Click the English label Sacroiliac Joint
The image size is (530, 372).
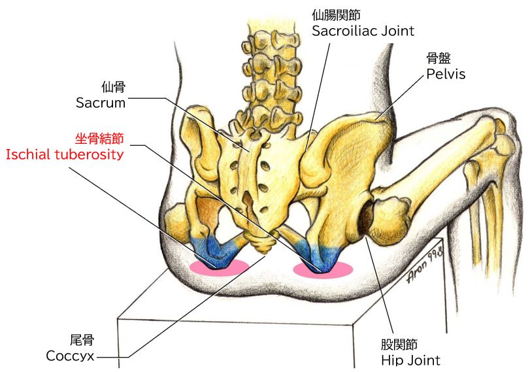363,30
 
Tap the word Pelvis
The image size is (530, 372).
446,73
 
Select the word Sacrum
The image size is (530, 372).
100,102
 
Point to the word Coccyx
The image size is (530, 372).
71,356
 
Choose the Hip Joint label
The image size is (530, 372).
410,360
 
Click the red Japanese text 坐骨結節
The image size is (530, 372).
99,139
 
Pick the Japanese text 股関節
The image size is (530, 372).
399,344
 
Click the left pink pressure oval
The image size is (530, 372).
219,266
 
